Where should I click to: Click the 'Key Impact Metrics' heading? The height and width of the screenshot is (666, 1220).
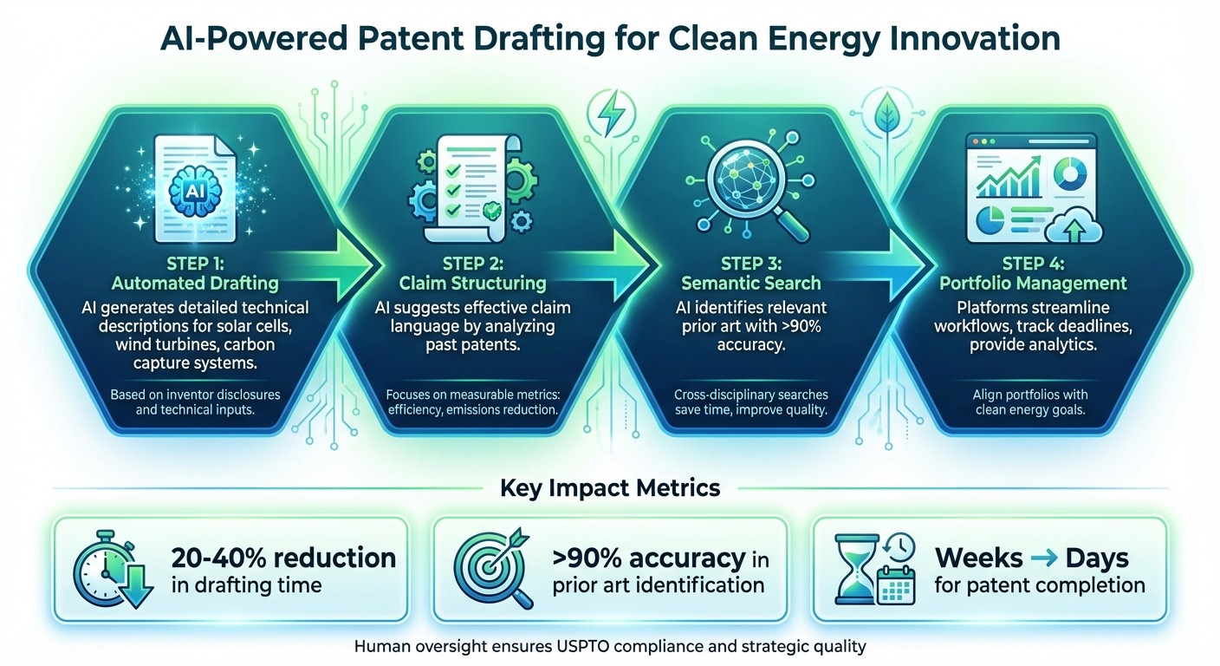click(x=610, y=488)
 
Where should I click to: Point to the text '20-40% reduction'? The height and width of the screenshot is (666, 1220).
click(x=283, y=557)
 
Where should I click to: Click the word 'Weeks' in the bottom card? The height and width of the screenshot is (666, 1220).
click(x=977, y=556)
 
